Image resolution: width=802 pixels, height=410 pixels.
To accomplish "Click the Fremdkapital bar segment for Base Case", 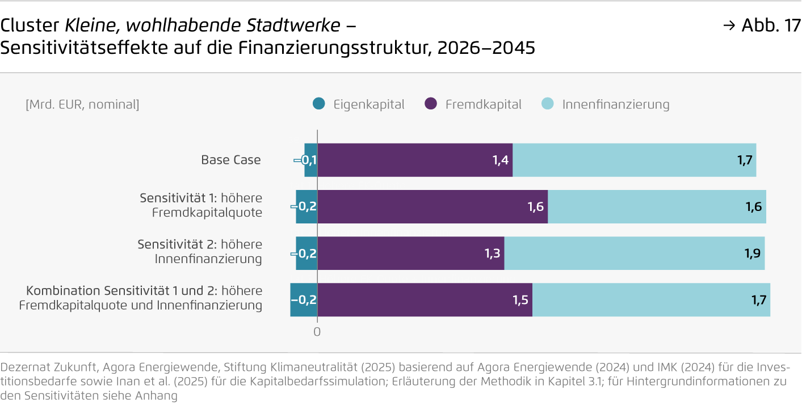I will pos(415,160).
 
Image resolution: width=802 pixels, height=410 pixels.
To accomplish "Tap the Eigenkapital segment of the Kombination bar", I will pos(304,300).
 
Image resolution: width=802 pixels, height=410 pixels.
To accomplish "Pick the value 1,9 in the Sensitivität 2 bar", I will pos(753,253).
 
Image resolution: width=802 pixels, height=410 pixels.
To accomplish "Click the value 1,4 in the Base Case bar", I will pos(500,160).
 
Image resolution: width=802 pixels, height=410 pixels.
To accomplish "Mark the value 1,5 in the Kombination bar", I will pos(520,300).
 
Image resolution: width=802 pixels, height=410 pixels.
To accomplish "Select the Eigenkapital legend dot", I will pos(319,104).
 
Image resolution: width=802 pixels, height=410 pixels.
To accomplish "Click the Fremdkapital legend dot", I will pos(431,104).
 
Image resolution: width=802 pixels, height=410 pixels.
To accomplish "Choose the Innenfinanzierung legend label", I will pos(616,104).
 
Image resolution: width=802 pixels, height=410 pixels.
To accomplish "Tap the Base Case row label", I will pos(231,160).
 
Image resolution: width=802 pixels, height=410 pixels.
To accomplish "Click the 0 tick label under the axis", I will pos(317,332).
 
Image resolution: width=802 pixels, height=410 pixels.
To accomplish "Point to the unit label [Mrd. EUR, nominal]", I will pos(82,104).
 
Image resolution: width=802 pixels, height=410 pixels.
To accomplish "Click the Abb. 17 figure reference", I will pos(770,26).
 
